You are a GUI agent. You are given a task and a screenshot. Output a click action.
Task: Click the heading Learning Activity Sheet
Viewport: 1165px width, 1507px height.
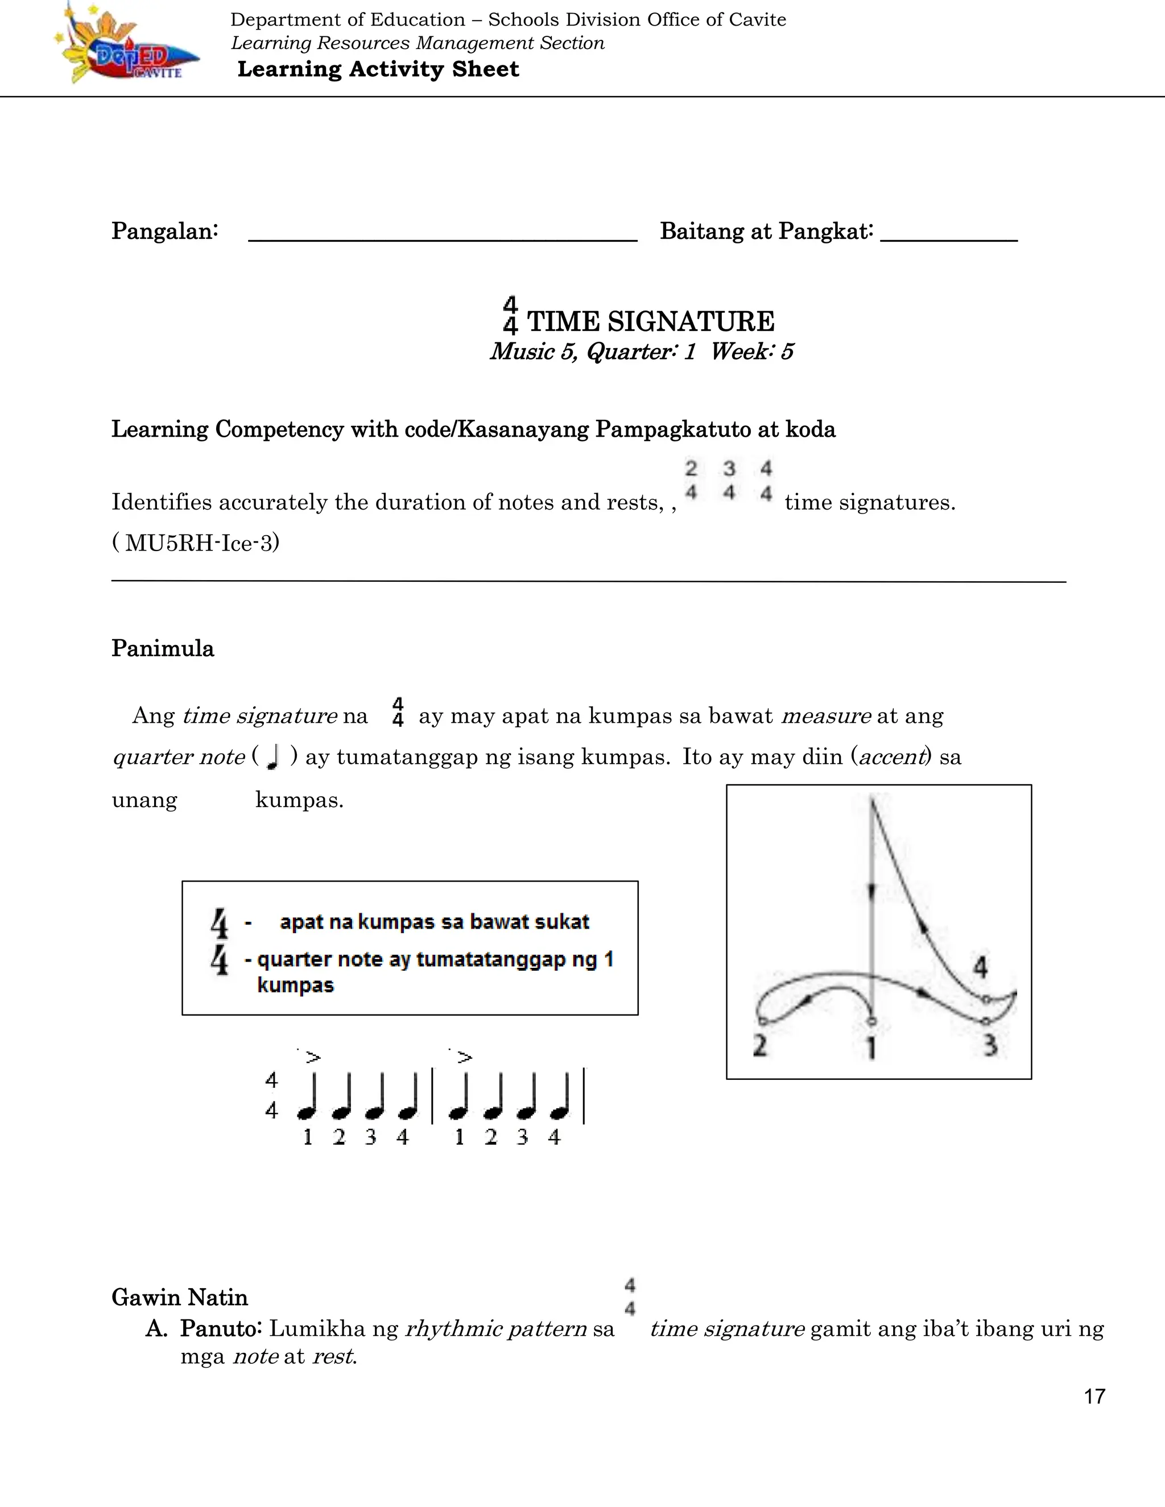tap(378, 69)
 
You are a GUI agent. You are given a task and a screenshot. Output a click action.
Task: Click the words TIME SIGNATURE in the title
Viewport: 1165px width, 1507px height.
tap(650, 321)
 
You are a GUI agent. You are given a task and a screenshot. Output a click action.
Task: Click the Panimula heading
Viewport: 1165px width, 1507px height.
tap(163, 649)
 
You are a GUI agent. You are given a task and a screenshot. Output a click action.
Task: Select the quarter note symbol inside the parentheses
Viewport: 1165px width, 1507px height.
tap(272, 757)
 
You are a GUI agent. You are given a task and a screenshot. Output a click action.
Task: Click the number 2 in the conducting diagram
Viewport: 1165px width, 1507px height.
tap(760, 1046)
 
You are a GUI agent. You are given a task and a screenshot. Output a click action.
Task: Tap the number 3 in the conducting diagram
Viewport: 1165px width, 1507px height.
tap(990, 1045)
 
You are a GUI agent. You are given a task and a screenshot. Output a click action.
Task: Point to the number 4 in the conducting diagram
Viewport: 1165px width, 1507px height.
tap(980, 967)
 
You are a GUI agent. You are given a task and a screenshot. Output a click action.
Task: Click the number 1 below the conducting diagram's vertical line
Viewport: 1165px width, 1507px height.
tap(871, 1048)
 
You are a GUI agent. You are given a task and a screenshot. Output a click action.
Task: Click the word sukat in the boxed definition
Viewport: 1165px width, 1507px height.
tap(565, 922)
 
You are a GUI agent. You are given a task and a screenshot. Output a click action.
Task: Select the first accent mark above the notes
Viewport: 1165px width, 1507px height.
tap(313, 1057)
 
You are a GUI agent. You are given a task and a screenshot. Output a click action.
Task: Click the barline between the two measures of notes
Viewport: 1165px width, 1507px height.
tap(432, 1096)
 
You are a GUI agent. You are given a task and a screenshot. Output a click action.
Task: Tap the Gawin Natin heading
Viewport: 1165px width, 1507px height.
tap(179, 1297)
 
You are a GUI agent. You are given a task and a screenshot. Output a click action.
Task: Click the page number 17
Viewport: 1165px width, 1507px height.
tap(1094, 1397)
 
